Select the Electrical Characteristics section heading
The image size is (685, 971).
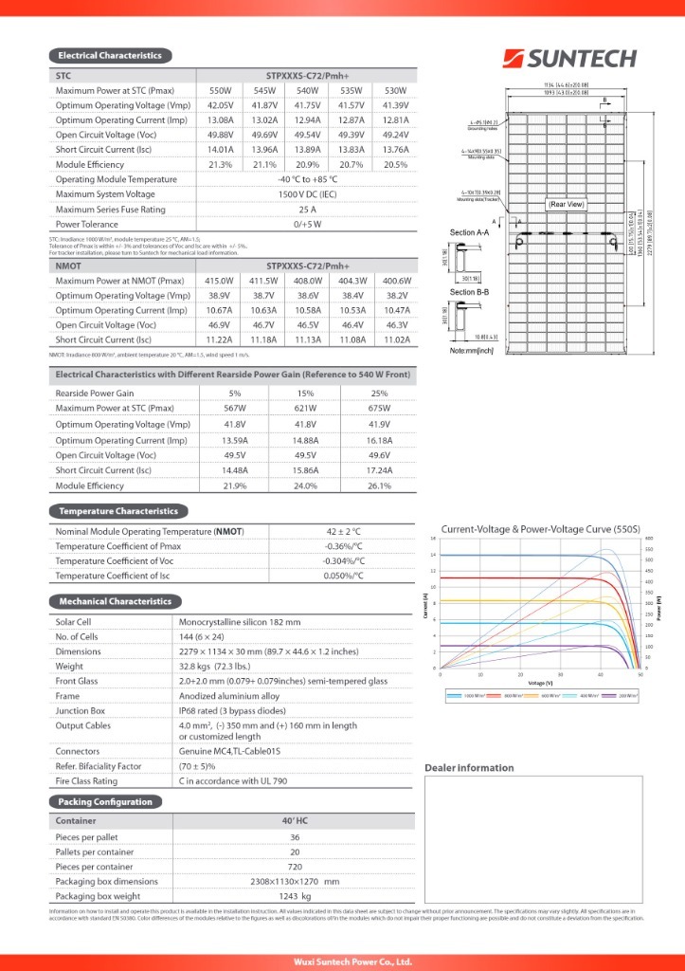[x=110, y=56]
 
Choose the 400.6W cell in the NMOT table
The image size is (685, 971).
[x=397, y=281]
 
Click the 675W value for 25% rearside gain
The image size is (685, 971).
[x=379, y=409]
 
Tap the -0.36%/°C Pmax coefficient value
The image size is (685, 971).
[x=345, y=546]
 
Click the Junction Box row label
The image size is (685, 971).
[x=80, y=709]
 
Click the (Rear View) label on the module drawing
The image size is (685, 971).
[x=567, y=204]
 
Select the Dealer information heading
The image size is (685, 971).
[x=469, y=767]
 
